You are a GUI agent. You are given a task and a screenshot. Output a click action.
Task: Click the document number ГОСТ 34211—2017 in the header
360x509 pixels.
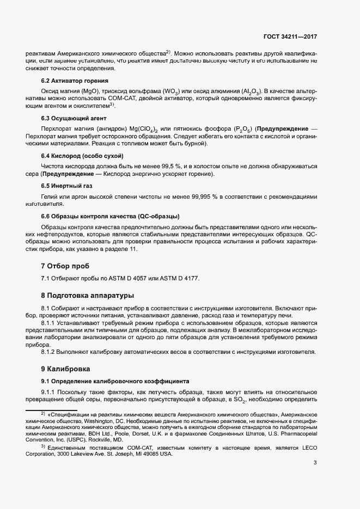(289, 37)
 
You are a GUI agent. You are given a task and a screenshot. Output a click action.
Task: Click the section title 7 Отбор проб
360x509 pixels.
(65, 266)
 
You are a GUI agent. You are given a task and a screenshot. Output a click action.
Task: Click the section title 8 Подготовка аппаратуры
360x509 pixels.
(87, 296)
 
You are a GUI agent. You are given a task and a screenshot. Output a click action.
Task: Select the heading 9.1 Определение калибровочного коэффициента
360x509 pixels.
(115, 381)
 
